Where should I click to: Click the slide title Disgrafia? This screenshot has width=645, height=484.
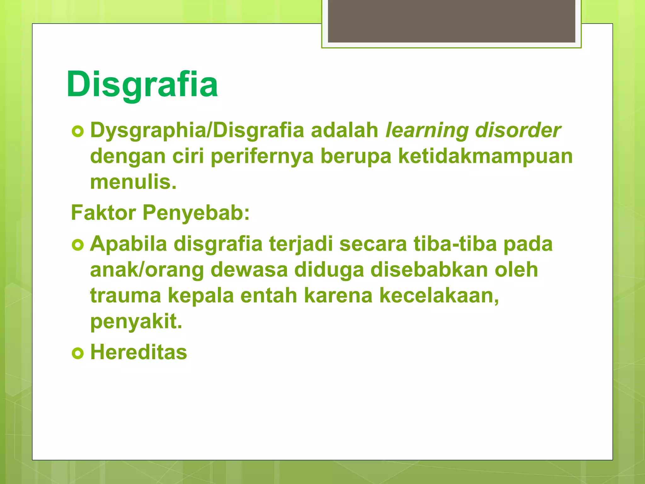(142, 84)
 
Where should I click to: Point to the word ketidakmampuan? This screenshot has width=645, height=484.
(485, 156)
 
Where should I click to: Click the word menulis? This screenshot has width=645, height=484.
(133, 182)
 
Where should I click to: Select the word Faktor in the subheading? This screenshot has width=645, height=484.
(104, 213)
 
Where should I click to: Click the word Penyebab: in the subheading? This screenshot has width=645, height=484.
(196, 213)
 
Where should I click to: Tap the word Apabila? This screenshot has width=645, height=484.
(128, 244)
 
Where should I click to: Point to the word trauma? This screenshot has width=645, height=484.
(125, 296)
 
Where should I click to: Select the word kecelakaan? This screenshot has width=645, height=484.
(439, 296)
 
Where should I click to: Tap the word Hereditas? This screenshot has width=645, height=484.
(139, 352)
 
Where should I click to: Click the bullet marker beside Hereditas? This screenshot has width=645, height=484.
(78, 353)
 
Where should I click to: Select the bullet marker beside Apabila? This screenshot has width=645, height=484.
(78, 245)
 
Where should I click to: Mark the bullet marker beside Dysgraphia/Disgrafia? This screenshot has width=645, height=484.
(78, 131)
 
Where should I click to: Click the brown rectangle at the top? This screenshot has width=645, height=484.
(451, 21)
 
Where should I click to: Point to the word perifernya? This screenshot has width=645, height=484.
(262, 156)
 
